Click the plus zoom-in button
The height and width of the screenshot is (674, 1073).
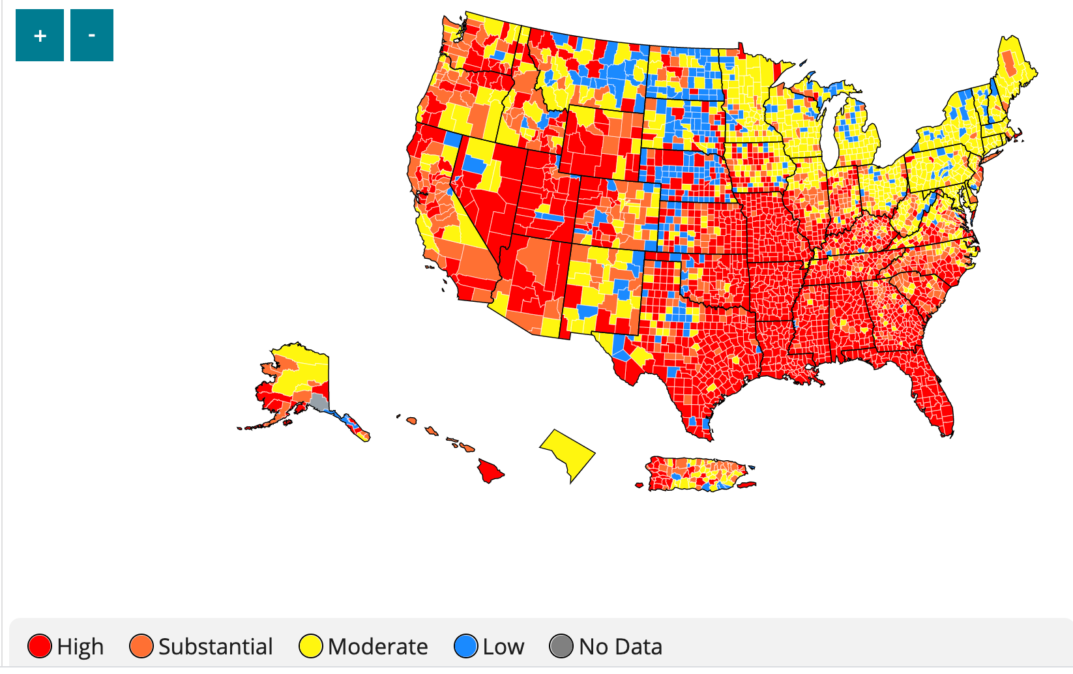point(40,35)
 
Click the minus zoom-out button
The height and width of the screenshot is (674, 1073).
point(91,35)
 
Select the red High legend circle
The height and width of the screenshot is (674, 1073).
point(40,646)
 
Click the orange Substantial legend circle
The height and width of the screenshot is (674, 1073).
point(141,646)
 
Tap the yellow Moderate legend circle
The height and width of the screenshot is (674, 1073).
point(311,646)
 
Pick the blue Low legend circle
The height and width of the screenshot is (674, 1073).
point(466,646)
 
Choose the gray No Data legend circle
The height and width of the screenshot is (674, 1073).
point(561,646)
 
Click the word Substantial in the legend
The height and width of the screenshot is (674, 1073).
point(215,647)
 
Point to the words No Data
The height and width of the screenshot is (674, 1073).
point(620,647)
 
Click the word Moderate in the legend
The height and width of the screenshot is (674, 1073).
point(378,647)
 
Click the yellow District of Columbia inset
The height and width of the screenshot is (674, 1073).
point(566,454)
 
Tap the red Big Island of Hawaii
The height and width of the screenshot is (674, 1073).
point(489,471)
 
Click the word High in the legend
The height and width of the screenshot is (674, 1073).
point(80,647)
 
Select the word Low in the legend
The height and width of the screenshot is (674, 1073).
point(503,647)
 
